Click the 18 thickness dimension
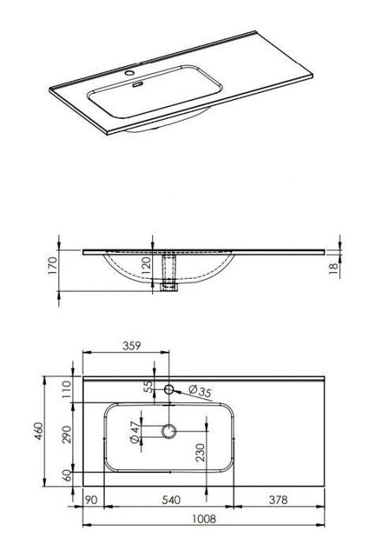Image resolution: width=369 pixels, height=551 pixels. click(334, 269)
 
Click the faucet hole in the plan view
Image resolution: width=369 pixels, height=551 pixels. click(169, 389)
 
